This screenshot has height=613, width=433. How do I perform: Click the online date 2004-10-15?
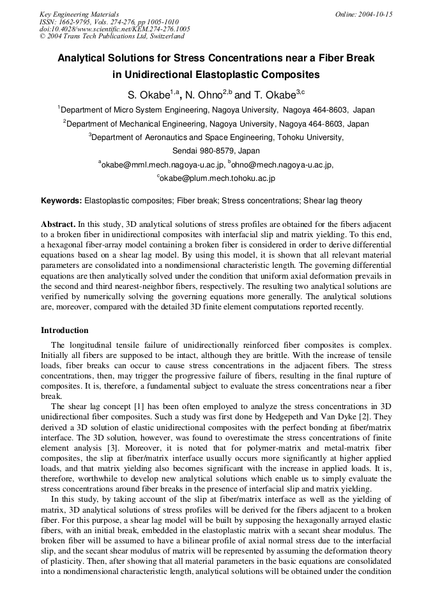point(373,13)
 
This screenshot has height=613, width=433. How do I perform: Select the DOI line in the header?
point(114,29)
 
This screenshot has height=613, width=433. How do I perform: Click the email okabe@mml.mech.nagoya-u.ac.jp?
point(163,165)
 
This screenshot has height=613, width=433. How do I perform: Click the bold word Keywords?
point(61,201)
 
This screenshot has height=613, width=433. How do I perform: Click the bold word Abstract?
point(57,225)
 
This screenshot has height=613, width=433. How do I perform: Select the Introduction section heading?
point(65,330)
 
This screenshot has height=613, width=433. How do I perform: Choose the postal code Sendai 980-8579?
point(216,151)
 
